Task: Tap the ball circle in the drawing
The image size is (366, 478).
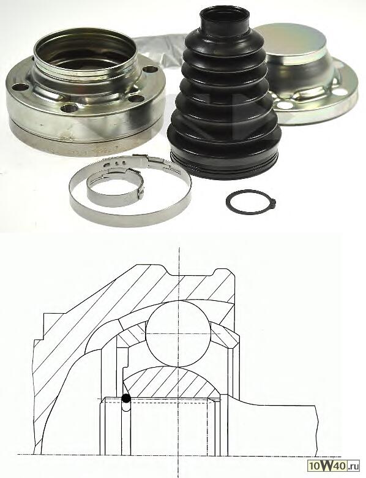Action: tap(178, 334)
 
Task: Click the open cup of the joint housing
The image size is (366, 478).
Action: tap(84, 55)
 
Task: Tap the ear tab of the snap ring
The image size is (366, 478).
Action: tap(275, 202)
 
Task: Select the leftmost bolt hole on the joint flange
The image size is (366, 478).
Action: tap(20, 88)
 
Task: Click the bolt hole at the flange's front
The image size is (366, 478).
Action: tap(69, 108)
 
